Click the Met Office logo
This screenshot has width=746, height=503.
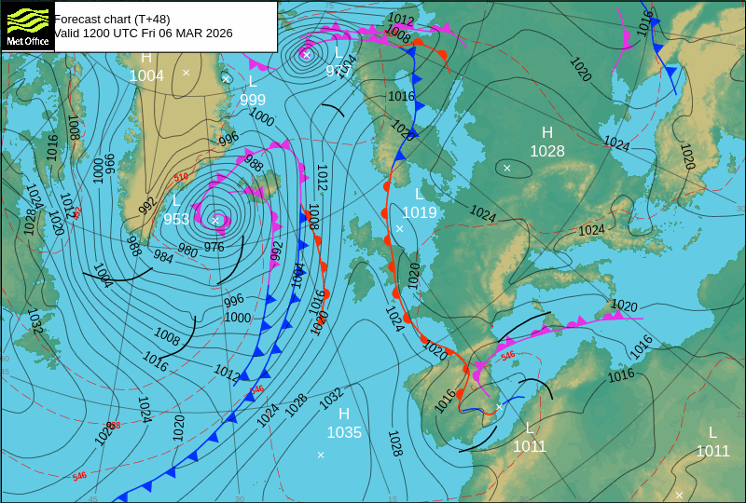[x=27, y=26]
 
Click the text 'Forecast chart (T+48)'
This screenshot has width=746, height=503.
[x=112, y=19]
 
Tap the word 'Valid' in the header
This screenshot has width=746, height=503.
[x=68, y=33]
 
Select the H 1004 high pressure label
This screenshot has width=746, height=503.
[x=146, y=68]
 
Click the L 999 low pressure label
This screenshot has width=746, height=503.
[x=253, y=91]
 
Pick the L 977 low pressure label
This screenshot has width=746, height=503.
[x=338, y=61]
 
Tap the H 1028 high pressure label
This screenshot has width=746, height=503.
[x=547, y=142]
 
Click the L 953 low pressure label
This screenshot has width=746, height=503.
[x=176, y=211]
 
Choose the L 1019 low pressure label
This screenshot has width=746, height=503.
[x=419, y=203]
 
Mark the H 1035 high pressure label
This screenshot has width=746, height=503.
[x=344, y=423]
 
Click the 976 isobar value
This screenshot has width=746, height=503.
[x=214, y=247]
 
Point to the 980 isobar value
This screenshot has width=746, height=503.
[x=187, y=251]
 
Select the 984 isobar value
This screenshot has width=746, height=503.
[x=162, y=256]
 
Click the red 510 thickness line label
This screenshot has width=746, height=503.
[x=181, y=177]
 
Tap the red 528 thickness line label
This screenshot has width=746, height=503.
[x=114, y=425]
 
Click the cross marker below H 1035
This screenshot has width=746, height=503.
[x=321, y=455]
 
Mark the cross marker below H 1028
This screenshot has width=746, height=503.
[x=507, y=168]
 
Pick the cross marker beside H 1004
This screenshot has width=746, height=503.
[x=186, y=72]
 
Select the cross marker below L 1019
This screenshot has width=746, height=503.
[x=399, y=228]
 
